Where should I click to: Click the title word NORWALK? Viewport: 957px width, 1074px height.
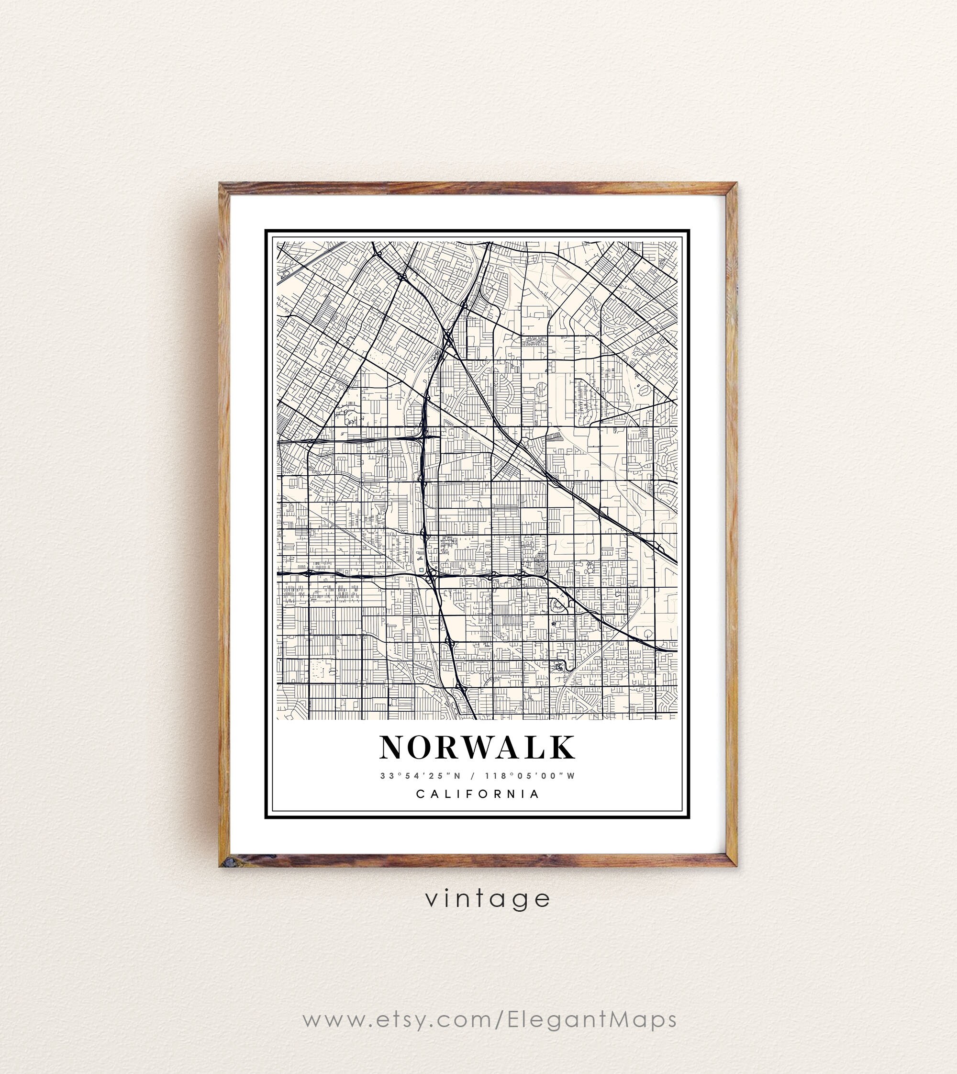tap(477, 748)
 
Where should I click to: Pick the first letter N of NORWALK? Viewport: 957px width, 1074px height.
tap(393, 748)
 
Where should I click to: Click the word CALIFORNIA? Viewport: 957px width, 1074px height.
tap(478, 794)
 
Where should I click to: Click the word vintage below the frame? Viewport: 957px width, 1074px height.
tap(488, 899)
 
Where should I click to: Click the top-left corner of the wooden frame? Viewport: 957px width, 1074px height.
tap(222, 185)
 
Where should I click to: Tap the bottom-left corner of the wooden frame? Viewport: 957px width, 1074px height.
tap(222, 864)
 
